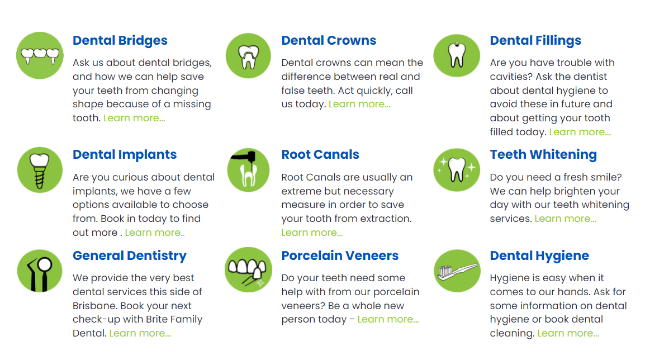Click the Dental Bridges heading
pyautogui.click(x=120, y=41)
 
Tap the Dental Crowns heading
pyautogui.click(x=329, y=41)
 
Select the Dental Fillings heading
pyautogui.click(x=535, y=41)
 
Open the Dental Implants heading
pyautogui.click(x=125, y=155)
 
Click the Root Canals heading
pyautogui.click(x=320, y=155)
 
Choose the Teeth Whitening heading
pyautogui.click(x=543, y=155)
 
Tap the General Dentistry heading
pyautogui.click(x=130, y=256)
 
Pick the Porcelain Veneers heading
pyautogui.click(x=340, y=256)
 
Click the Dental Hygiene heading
pyautogui.click(x=539, y=256)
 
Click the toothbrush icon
pyautogui.click(x=457, y=271)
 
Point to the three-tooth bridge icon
pyautogui.click(x=40, y=55)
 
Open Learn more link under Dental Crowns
pyautogui.click(x=359, y=105)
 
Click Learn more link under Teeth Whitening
pyautogui.click(x=565, y=219)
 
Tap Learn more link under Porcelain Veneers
pyautogui.click(x=388, y=320)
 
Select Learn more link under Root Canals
pyautogui.click(x=312, y=233)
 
